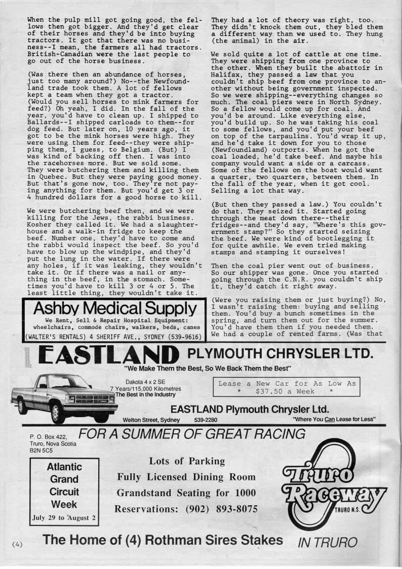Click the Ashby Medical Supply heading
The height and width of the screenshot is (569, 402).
[114, 308]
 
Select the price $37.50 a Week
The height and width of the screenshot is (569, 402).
[286, 391]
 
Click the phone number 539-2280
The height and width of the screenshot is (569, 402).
[206, 420]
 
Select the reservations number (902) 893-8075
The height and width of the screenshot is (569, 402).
[187, 508]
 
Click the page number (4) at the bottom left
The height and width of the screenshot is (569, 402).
[18, 544]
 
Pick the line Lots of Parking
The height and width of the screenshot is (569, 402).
[187, 461]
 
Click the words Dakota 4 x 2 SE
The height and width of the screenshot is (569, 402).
[147, 382]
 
